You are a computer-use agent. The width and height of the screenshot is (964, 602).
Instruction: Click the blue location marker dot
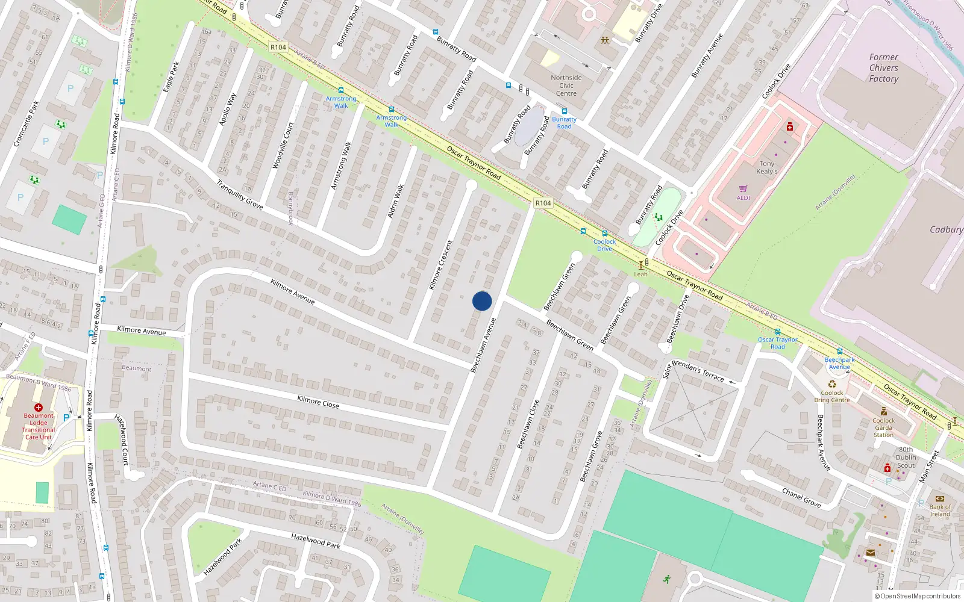482,301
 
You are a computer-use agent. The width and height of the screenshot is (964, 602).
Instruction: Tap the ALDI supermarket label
743,197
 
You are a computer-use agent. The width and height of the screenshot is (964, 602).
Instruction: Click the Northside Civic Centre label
566,85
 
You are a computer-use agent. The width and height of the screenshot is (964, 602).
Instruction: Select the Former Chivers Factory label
883,68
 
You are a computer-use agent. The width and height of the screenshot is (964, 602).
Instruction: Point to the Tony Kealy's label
767,167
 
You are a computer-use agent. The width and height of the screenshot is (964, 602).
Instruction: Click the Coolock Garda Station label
883,427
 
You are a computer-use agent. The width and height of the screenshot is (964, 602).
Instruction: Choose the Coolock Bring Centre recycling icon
832,383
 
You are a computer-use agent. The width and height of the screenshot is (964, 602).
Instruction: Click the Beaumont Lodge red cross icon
39,408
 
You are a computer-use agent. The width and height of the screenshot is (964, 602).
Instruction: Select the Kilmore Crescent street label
440,265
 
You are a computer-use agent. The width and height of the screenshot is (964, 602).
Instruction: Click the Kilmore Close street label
318,402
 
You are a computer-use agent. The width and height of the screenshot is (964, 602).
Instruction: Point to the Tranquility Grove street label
240,194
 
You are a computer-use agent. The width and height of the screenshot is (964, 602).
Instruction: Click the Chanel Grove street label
801,498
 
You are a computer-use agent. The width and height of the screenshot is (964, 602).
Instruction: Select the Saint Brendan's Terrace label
693,370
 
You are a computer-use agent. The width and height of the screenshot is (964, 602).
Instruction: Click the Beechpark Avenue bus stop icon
839,352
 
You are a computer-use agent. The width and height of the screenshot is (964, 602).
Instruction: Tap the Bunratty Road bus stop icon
564,111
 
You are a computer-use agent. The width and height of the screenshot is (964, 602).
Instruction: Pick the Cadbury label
946,229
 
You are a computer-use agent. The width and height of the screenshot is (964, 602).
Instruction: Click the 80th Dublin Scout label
906,458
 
